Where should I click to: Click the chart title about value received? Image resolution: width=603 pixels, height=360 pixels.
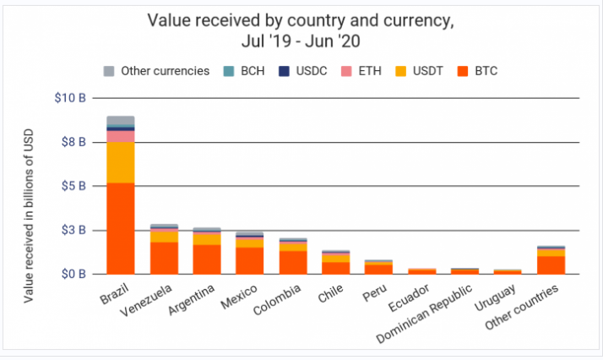(x=301, y=29)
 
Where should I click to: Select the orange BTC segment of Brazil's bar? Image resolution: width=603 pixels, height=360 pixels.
(x=121, y=228)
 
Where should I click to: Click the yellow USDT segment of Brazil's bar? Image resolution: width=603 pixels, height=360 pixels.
(x=121, y=162)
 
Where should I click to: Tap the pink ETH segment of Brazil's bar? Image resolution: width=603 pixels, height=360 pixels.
(x=121, y=136)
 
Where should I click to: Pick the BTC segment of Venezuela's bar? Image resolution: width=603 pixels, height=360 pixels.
(x=164, y=258)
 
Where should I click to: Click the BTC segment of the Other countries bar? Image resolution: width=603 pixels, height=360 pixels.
(x=551, y=265)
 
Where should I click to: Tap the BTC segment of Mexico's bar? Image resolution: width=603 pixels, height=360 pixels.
(x=249, y=260)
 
